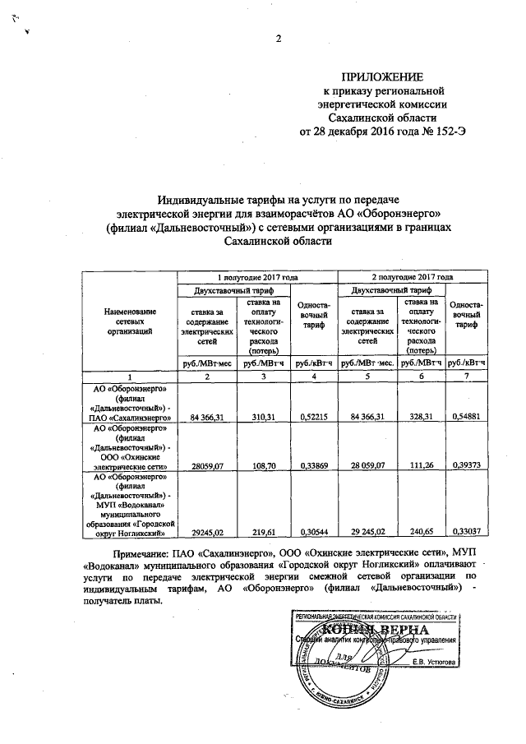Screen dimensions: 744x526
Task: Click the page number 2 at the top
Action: (278, 39)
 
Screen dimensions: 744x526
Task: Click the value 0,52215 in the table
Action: (312, 418)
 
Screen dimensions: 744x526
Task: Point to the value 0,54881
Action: (468, 418)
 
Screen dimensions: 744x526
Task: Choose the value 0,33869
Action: (312, 465)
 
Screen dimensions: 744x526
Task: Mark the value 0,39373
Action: (468, 465)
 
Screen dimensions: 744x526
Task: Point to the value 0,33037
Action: (468, 533)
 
